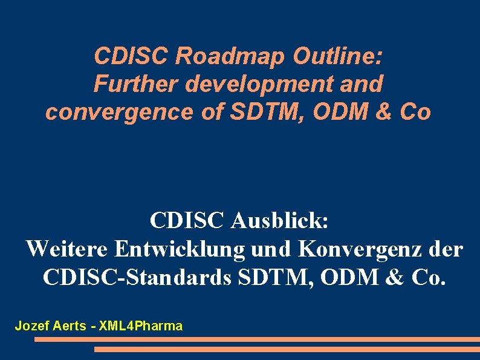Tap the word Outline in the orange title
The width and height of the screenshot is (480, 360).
tap(337, 56)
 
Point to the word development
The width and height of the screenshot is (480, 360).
tap(256, 84)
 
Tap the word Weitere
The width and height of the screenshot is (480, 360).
tap(66, 249)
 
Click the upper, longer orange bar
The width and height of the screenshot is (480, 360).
tap(257, 339)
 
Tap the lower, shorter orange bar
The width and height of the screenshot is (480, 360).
tap(287, 349)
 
